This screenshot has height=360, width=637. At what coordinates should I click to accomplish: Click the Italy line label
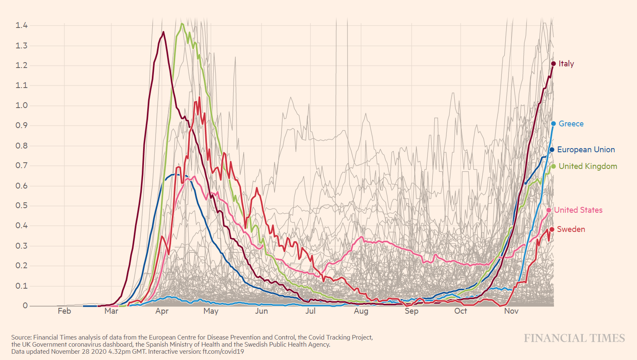(566, 64)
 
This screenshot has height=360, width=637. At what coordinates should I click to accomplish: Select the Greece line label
(571, 124)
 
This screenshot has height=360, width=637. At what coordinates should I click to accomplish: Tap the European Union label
(586, 150)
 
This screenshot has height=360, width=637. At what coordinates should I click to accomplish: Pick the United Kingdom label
(587, 166)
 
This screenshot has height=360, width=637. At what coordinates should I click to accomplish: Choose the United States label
(578, 210)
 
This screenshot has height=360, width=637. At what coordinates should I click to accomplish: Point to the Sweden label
(571, 229)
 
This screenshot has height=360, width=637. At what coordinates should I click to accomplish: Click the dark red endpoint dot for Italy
(554, 64)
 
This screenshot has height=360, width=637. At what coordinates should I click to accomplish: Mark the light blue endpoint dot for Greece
(554, 124)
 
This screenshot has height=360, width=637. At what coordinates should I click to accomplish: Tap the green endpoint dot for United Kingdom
(554, 166)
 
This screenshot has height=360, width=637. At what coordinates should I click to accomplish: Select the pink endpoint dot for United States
(549, 210)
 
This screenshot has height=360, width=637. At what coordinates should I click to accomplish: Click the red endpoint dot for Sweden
(552, 229)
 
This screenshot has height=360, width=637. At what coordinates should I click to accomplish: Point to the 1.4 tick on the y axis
(22, 25)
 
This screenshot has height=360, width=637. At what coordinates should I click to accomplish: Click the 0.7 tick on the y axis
(22, 166)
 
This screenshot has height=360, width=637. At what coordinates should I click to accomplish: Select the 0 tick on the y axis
(25, 306)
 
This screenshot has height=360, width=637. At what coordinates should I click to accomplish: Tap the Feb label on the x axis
(64, 311)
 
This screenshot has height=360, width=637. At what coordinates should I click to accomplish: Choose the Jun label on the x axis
(262, 311)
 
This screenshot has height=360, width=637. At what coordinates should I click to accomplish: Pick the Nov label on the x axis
(511, 311)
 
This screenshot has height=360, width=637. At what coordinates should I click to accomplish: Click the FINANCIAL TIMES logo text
(574, 338)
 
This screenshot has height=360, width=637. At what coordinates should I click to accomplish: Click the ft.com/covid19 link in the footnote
(223, 352)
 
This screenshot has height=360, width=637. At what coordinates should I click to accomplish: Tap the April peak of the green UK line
(182, 24)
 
